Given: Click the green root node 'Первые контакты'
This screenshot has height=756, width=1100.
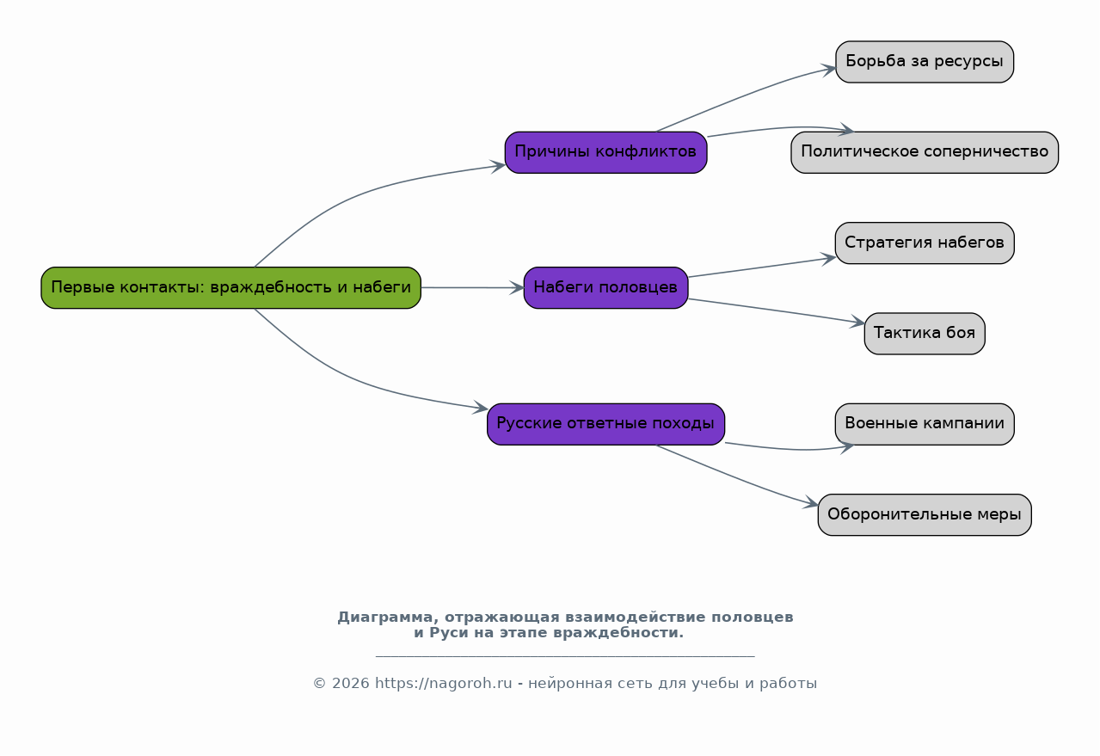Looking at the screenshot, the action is click(x=230, y=288).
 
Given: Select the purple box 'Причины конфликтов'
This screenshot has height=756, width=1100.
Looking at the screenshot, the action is click(x=606, y=152).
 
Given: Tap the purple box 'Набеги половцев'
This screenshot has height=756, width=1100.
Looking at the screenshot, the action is click(x=606, y=288).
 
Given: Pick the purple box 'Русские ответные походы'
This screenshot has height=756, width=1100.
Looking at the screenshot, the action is click(x=606, y=424).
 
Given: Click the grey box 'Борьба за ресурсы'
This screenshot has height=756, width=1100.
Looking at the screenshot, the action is click(x=925, y=62).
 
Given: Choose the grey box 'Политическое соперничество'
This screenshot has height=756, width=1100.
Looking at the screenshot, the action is click(x=925, y=152).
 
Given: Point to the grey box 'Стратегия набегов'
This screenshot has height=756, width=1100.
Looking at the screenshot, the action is click(x=925, y=243).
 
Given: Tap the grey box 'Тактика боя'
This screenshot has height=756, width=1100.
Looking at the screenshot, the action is click(x=925, y=334).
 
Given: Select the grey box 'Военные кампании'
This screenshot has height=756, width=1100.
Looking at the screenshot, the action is click(x=925, y=424).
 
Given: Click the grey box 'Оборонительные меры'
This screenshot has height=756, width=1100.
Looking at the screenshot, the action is click(x=925, y=515).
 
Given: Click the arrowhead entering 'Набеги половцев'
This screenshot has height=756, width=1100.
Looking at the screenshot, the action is click(x=517, y=288).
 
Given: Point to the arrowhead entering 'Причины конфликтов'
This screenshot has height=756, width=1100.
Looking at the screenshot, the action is click(x=498, y=165).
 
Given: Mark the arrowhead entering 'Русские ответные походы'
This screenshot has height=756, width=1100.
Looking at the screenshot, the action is click(x=480, y=407).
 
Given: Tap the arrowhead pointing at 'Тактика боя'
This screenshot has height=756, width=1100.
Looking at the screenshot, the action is click(x=857, y=322).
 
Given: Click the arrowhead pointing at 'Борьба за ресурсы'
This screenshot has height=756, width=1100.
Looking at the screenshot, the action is click(x=828, y=70).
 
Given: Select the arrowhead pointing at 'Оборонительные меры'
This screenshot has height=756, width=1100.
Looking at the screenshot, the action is click(x=811, y=502).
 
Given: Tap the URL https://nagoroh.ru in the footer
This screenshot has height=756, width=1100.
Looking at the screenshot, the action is click(x=444, y=683).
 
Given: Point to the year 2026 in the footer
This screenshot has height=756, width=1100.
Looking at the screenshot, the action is click(x=351, y=683).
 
